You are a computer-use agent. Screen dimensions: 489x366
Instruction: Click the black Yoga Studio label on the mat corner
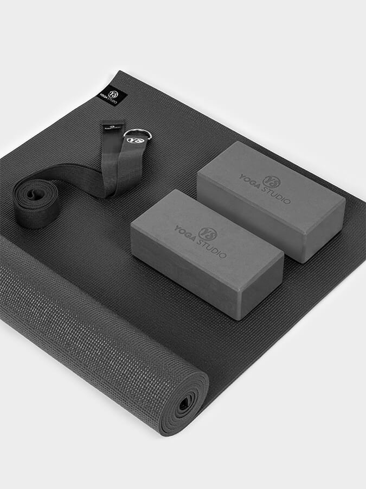111,96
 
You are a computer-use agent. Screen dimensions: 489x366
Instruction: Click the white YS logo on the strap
132,140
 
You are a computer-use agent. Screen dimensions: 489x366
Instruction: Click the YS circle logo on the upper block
271,181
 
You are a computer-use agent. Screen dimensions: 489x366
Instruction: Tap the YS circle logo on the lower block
208,234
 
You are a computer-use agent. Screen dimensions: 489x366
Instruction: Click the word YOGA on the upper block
252,179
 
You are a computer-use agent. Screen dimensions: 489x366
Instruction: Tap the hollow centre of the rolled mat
183,403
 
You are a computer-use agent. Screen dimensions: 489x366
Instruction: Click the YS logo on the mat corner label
112,93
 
